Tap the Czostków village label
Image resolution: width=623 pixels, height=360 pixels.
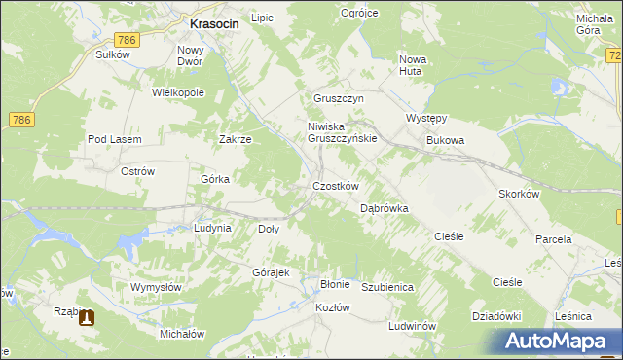click(336, 186)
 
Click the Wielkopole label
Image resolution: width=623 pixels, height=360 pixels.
click(177, 92)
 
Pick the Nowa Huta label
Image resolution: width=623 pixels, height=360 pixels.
click(414, 65)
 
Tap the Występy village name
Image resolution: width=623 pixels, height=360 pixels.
click(425, 119)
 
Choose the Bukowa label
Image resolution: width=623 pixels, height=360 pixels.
click(446, 140)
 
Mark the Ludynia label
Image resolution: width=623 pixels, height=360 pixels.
click(212, 228)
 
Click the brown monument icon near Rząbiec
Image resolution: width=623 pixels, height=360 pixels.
click(88, 316)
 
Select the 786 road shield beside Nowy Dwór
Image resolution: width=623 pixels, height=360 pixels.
click(126, 40)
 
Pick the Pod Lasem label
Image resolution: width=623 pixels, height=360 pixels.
click(115, 139)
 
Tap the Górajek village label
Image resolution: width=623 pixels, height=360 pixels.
click(272, 272)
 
